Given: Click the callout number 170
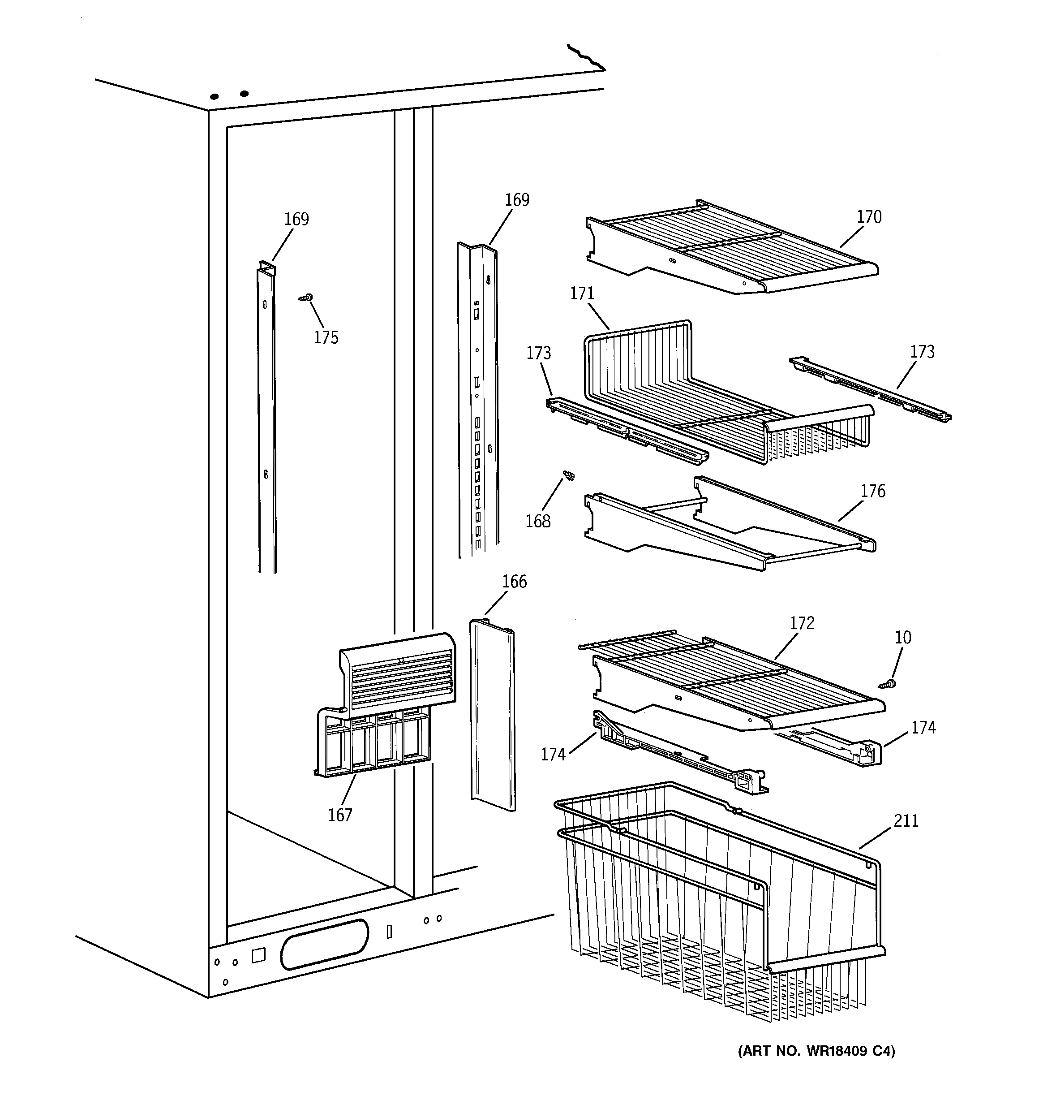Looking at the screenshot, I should [869, 216].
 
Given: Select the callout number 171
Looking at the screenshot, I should [582, 293].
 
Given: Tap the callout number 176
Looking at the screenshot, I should [873, 491].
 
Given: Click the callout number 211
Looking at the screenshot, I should [906, 820].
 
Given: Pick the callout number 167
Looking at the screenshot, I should [339, 815].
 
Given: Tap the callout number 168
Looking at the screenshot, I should [537, 521].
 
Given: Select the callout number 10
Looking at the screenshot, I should [903, 637].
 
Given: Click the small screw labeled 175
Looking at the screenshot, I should [305, 298].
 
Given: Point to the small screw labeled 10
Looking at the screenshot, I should [887, 683].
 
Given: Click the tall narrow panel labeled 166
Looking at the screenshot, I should [492, 714].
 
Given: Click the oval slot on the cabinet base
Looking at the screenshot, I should [325, 943].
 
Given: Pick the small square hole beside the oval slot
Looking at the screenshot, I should [258, 954].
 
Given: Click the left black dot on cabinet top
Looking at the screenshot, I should [214, 96].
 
